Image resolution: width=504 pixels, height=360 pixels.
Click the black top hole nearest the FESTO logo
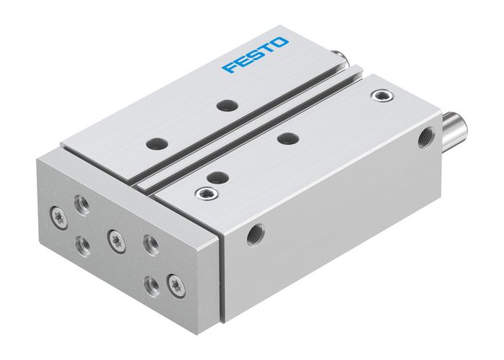click(227, 105)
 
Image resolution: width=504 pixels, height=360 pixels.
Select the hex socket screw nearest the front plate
click(205, 192)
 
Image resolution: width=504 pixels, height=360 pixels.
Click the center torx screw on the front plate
click(114, 239)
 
